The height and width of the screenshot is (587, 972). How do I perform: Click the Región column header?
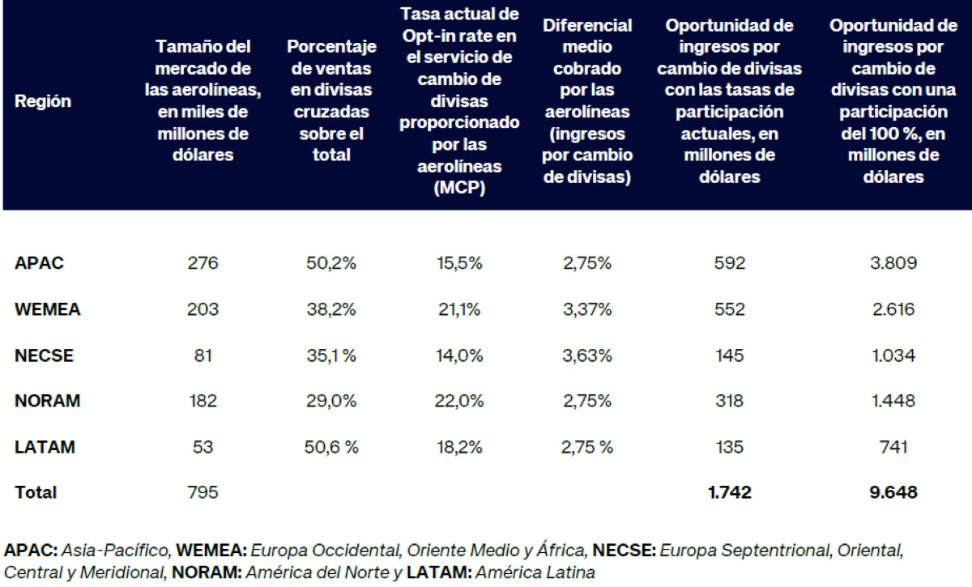pyautogui.click(x=42, y=102)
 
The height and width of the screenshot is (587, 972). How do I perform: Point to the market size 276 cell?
pyautogui.click(x=203, y=263)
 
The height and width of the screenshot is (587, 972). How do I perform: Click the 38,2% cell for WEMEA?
pyautogui.click(x=330, y=308)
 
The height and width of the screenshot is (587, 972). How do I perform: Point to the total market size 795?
pyautogui.click(x=203, y=491)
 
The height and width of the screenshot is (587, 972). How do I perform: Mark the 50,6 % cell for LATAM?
pyautogui.click(x=330, y=447)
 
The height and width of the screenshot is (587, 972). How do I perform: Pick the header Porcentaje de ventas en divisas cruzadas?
pyautogui.click(x=330, y=102)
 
